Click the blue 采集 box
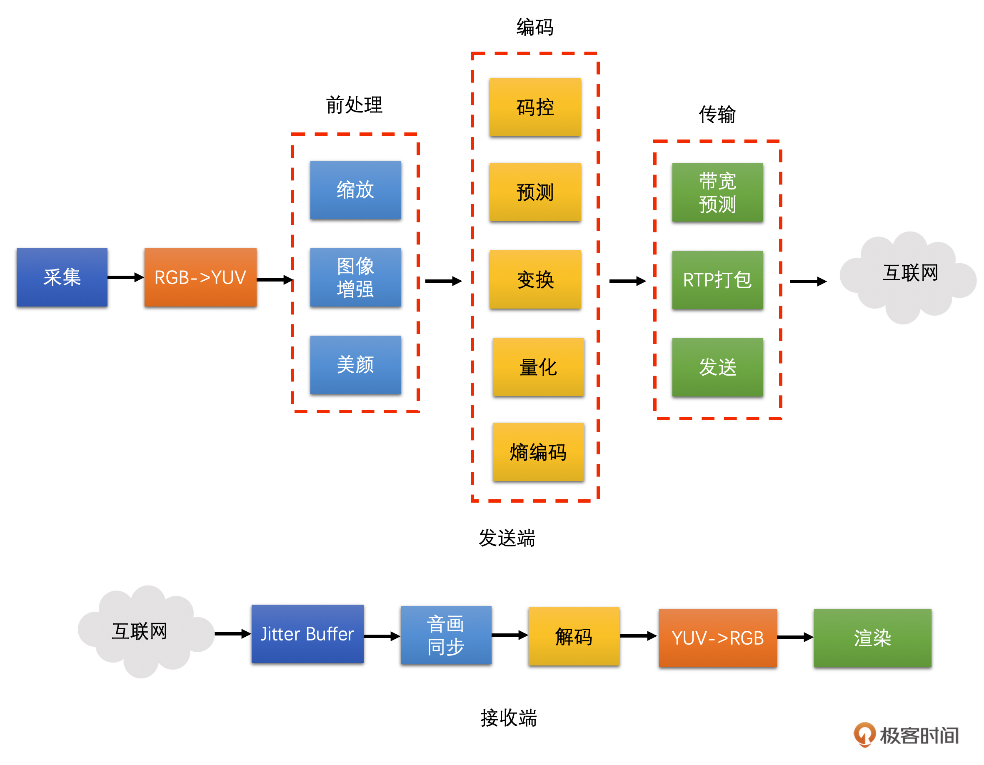[x=62, y=277]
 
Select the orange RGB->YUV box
[x=200, y=277]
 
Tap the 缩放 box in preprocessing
[x=355, y=190]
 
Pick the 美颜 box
[x=355, y=365]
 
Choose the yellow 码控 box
[x=535, y=107]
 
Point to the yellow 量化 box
[x=538, y=367]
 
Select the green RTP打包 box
[x=717, y=279]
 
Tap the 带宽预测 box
[x=717, y=192]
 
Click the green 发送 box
[x=717, y=367]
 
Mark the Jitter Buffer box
[x=307, y=633]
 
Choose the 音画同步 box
[x=446, y=635]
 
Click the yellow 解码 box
[x=574, y=636]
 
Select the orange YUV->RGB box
[x=717, y=638]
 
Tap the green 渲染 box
[x=872, y=638]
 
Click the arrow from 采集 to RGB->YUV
[x=126, y=277]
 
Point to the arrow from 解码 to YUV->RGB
[x=638, y=636]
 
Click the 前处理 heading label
[x=354, y=105]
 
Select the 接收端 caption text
[x=509, y=717]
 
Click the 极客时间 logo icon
[x=864, y=734]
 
